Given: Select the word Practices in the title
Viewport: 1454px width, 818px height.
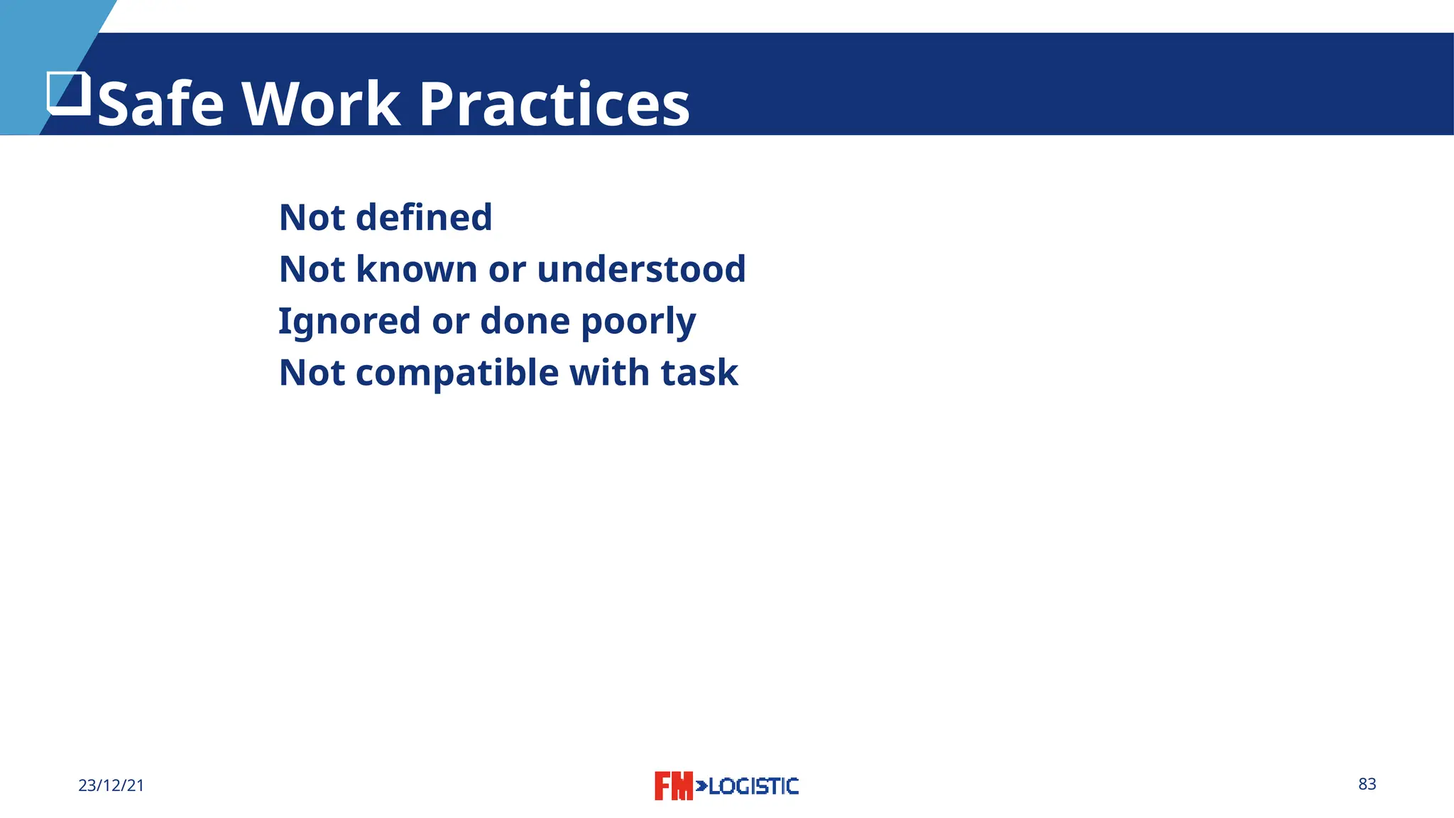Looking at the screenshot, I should (x=554, y=104).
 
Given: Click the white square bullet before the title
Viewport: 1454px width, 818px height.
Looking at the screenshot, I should (x=69, y=93).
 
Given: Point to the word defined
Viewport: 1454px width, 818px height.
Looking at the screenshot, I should (x=424, y=217).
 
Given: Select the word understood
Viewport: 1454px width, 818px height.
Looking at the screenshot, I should (x=641, y=269).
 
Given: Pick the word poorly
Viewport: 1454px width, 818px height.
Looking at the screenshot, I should (x=638, y=322).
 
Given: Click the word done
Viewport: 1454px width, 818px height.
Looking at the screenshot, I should (x=525, y=321).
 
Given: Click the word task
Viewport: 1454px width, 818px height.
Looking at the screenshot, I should (x=699, y=373).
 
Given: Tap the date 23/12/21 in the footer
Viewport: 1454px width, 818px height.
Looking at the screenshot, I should (x=111, y=785).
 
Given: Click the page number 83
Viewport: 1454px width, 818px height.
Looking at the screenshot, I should (x=1367, y=784).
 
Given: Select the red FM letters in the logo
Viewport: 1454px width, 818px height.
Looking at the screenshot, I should (x=672, y=786).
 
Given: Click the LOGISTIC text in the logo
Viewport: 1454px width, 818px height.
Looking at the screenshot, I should (x=753, y=786).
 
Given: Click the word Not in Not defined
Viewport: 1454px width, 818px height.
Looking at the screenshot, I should (x=312, y=217).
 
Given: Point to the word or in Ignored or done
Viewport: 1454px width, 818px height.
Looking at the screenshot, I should (x=450, y=321).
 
